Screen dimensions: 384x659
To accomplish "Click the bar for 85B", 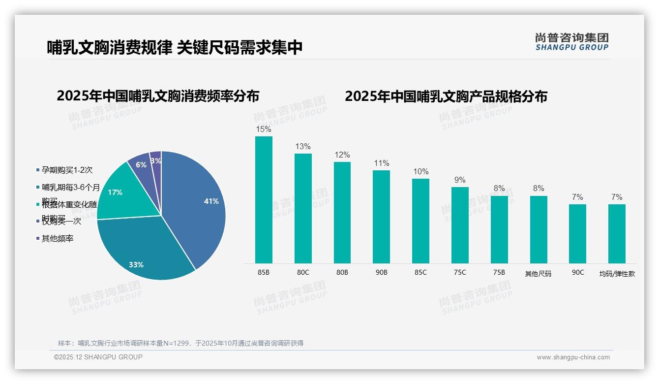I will click(x=264, y=199).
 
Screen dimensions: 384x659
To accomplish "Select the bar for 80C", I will click(x=303, y=208).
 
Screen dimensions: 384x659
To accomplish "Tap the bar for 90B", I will click(x=381, y=217).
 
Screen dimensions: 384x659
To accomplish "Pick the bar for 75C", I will click(x=460, y=225).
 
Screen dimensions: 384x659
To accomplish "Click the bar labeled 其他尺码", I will click(x=539, y=229).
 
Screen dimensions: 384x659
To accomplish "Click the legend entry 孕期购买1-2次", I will click(x=67, y=170).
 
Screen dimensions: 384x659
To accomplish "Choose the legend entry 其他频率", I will click(x=58, y=239).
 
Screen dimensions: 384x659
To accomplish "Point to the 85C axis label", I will click(x=420, y=272).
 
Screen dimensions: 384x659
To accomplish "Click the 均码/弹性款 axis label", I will click(x=617, y=274).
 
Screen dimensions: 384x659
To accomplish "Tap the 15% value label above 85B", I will click(x=264, y=129).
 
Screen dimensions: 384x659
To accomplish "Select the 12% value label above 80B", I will click(x=342, y=155).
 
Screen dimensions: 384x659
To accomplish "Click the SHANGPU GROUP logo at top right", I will click(x=571, y=42).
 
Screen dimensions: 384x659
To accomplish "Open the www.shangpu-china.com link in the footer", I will click(x=573, y=357).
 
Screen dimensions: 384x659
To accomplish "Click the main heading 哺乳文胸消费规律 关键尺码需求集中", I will click(x=175, y=47).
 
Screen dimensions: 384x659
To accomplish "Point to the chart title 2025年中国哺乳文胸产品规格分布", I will click(x=446, y=96).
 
